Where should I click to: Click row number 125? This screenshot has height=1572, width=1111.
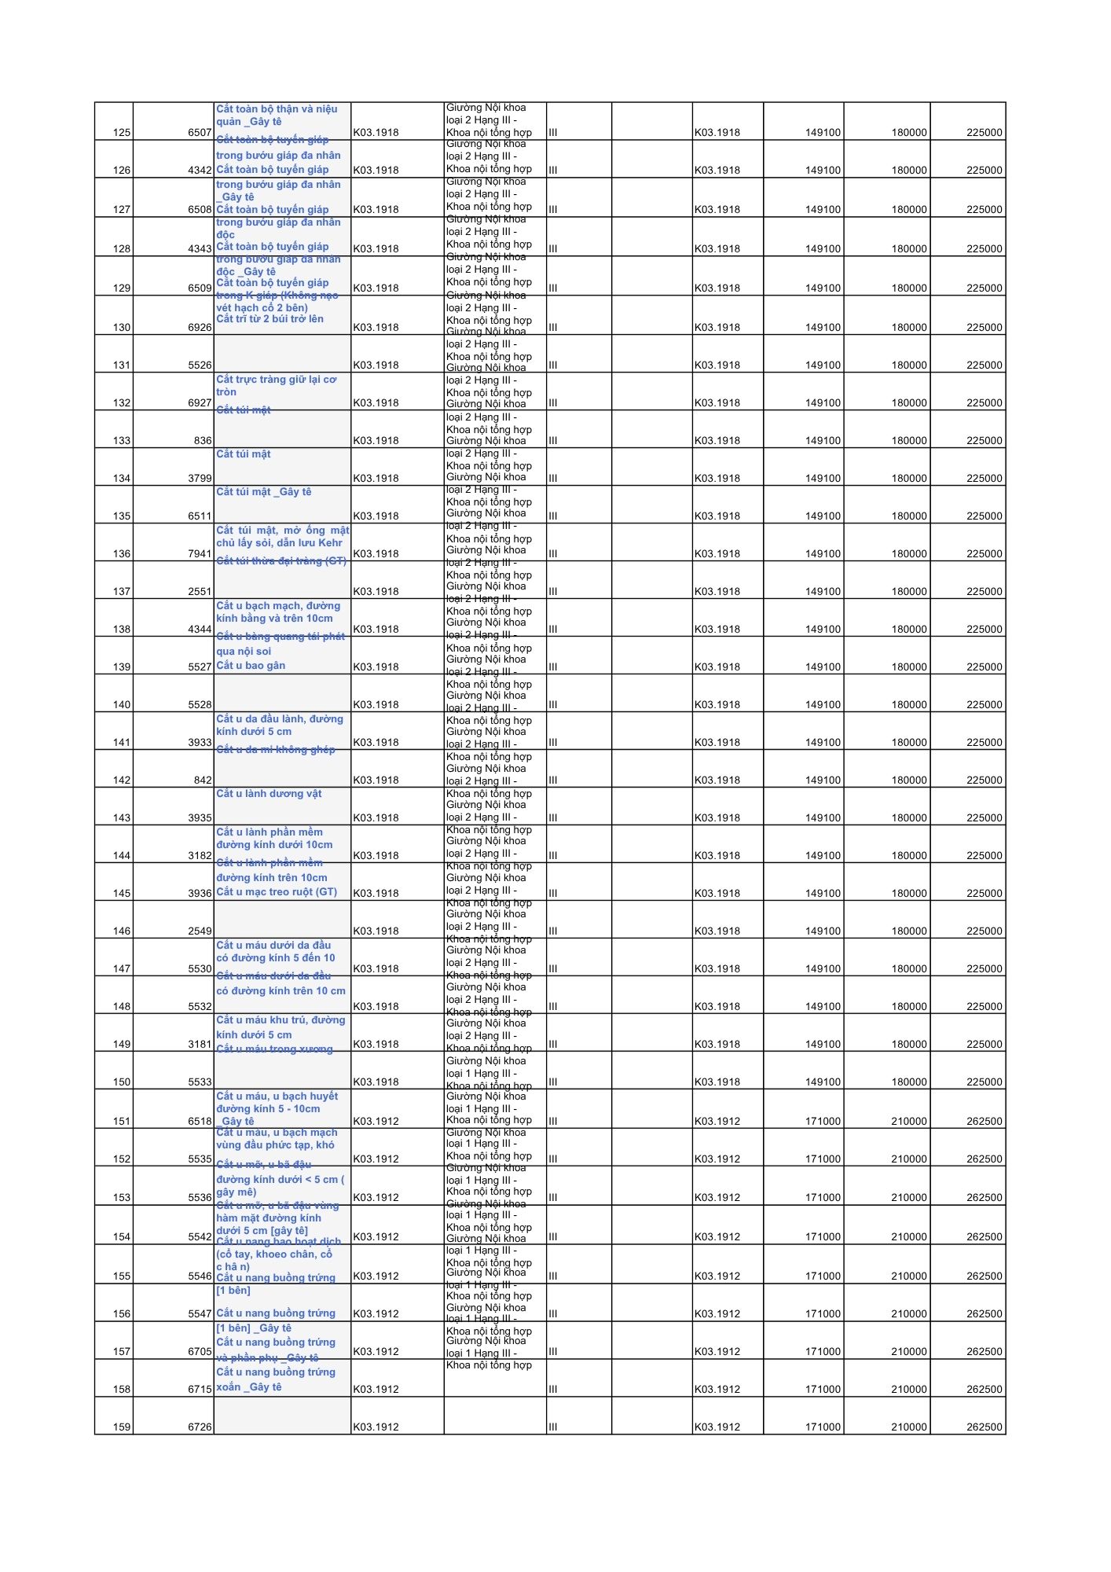[x=122, y=133]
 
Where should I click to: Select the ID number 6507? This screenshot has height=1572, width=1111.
[x=200, y=133]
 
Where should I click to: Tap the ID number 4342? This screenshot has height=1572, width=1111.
[x=200, y=171]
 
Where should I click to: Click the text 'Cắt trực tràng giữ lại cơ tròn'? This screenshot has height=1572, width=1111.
[x=276, y=386]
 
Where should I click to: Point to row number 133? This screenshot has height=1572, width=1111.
[x=122, y=441]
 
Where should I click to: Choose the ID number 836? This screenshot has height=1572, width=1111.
[x=203, y=441]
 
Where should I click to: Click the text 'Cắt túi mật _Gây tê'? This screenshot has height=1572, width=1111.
[x=264, y=492]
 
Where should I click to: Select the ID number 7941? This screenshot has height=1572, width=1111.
[x=200, y=554]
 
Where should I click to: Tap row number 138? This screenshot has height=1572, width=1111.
[x=122, y=630]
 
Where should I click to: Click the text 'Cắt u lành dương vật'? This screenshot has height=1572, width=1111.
[x=269, y=794]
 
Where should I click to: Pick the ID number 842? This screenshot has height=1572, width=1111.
[x=203, y=780]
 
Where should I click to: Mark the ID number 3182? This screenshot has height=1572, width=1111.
[x=200, y=856]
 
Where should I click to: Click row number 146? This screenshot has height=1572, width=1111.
[x=122, y=931]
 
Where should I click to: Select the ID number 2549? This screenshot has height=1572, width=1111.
[x=200, y=931]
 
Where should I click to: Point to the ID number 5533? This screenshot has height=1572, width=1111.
[x=200, y=1082]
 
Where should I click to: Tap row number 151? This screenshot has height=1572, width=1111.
[x=122, y=1122]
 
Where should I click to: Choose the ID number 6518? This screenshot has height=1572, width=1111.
[x=200, y=1122]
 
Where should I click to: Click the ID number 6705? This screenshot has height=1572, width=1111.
[x=200, y=1352]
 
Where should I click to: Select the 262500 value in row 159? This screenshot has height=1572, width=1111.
[x=984, y=1427]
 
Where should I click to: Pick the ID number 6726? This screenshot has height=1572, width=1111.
[x=200, y=1427]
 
